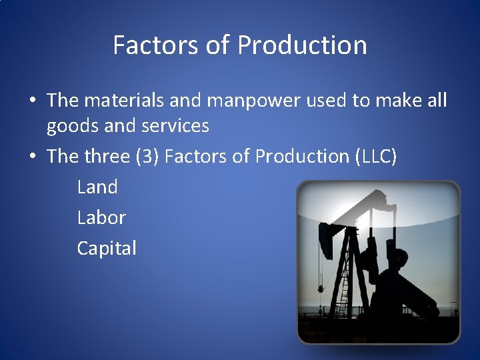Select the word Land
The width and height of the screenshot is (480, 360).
pos(97,187)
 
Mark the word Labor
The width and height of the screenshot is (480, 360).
pos(101,218)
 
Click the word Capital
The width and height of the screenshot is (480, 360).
pos(107,249)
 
